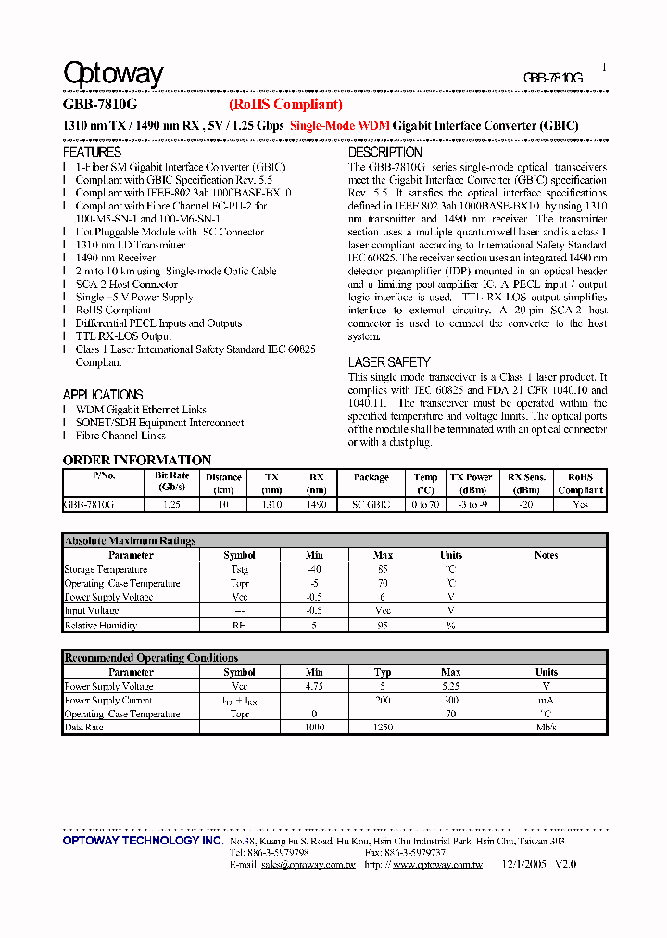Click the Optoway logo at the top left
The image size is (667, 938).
[113, 75]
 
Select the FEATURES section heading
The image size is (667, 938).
[92, 152]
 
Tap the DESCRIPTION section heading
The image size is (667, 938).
[384, 152]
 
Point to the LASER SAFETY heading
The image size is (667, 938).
[389, 362]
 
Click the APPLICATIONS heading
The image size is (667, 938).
[103, 395]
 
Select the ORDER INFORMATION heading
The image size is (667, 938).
[137, 460]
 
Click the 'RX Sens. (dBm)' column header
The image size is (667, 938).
[526, 483]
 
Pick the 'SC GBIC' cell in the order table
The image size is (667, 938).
[371, 505]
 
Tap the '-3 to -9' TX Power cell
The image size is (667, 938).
[472, 505]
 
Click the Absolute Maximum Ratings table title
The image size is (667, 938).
[130, 540]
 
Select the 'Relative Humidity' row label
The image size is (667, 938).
[100, 626]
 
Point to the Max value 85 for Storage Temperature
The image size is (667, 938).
[383, 569]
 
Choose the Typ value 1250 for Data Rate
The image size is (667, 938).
[383, 729]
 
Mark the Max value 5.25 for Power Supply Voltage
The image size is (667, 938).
[451, 687]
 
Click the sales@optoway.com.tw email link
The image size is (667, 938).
[307, 864]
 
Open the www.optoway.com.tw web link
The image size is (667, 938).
[437, 864]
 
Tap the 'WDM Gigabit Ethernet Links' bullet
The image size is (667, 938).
[141, 410]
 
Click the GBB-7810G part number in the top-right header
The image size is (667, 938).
[553, 79]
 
